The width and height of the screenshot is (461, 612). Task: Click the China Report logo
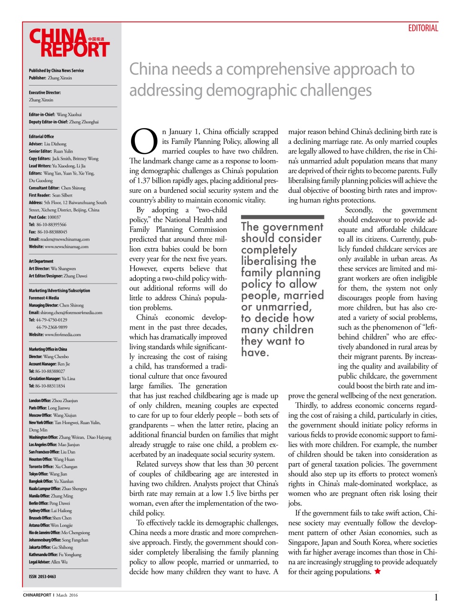[x=69, y=43]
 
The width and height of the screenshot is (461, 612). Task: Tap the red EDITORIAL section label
[x=423, y=28]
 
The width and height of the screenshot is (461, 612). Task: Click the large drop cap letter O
[x=143, y=142]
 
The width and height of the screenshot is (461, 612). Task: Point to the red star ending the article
[x=377, y=571]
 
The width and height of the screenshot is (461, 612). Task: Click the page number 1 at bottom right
[x=436, y=597]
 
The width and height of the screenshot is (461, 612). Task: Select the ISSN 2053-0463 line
[x=42, y=577]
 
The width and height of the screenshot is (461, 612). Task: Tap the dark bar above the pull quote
[x=282, y=217]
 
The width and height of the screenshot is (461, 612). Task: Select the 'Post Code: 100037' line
[x=44, y=217]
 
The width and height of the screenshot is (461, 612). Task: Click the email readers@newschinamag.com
[x=65, y=239]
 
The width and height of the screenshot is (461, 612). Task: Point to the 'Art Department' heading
[x=41, y=261]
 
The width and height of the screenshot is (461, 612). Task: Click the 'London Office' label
[x=40, y=401]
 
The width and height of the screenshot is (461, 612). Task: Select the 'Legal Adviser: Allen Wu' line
[x=48, y=562]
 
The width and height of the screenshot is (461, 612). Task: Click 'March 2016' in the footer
[x=66, y=595]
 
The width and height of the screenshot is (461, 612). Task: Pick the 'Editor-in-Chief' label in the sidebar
[x=42, y=114]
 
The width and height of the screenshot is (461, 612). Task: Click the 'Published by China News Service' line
[x=56, y=70]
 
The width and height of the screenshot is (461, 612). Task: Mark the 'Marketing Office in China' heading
[x=48, y=349]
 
